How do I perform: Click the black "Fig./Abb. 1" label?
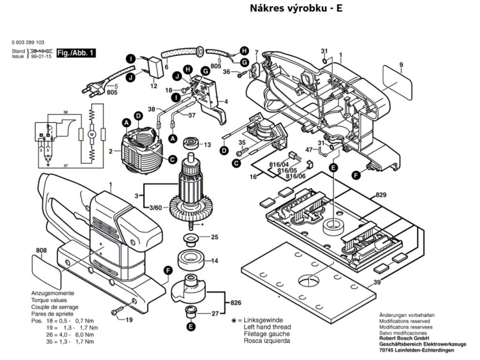point(75,53)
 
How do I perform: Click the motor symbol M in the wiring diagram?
point(92,135)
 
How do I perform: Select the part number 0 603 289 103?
point(29,42)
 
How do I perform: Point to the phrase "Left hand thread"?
point(267,327)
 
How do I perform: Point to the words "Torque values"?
point(49,300)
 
